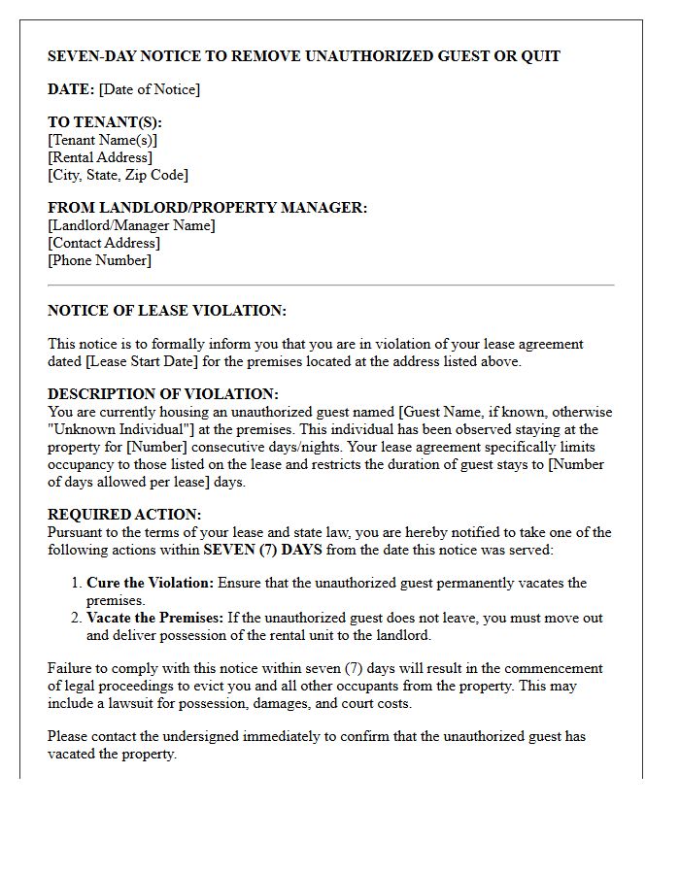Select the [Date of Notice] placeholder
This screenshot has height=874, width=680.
tap(150, 89)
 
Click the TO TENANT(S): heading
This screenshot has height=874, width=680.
tap(105, 122)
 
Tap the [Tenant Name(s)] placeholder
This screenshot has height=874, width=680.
tap(103, 140)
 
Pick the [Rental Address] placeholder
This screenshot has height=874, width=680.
tap(100, 157)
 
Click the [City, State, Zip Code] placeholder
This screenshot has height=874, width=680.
tap(119, 175)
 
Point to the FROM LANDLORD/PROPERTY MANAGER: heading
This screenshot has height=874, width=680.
tap(208, 208)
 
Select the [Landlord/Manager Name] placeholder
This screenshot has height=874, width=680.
tap(131, 225)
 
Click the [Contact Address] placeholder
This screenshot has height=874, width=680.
tap(104, 243)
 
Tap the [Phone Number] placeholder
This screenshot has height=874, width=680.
tap(100, 260)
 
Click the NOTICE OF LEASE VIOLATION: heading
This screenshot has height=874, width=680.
tap(167, 311)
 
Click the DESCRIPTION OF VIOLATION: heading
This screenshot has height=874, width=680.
tap(163, 394)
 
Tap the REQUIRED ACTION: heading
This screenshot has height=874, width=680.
tap(124, 515)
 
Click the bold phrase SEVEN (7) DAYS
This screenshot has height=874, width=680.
tap(262, 550)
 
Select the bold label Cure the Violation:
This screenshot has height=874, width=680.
tap(150, 583)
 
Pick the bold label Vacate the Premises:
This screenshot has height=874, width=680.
tap(154, 618)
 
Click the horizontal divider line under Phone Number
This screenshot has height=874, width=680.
tap(330, 286)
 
